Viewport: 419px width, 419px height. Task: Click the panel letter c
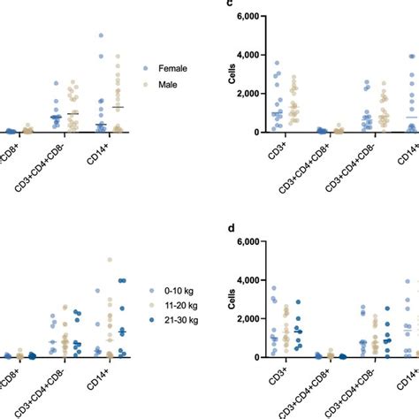pyautogui.click(x=231, y=4)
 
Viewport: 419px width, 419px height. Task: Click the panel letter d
pyautogui.click(x=231, y=228)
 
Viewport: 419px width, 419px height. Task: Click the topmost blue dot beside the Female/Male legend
pyautogui.click(x=101, y=35)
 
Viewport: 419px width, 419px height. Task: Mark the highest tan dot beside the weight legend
pyautogui.click(x=110, y=260)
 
